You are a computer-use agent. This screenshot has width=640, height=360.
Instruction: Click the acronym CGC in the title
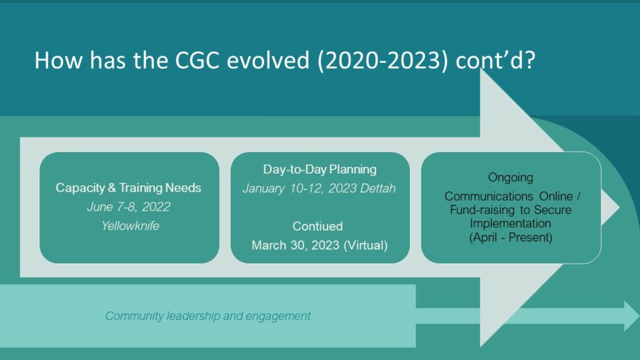197,60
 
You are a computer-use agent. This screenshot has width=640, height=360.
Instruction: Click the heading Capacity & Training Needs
128,187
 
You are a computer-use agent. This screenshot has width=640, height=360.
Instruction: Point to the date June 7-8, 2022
129,207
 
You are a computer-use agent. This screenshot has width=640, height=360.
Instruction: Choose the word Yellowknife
130,226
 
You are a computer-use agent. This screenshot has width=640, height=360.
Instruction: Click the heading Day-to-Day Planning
319,169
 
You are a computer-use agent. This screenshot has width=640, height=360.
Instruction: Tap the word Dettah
378,188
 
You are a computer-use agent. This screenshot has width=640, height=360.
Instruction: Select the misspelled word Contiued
317,226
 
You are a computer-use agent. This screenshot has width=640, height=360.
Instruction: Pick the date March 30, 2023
295,245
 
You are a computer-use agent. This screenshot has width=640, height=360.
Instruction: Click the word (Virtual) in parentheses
366,245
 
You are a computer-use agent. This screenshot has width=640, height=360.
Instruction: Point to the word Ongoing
511,178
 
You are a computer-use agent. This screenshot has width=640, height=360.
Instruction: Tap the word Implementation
510,223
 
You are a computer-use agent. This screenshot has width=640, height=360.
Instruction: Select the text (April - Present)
511,237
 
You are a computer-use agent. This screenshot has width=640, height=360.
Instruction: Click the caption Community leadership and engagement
207,316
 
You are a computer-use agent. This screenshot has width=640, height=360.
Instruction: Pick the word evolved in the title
268,60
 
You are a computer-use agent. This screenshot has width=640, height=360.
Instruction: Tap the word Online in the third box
556,196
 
